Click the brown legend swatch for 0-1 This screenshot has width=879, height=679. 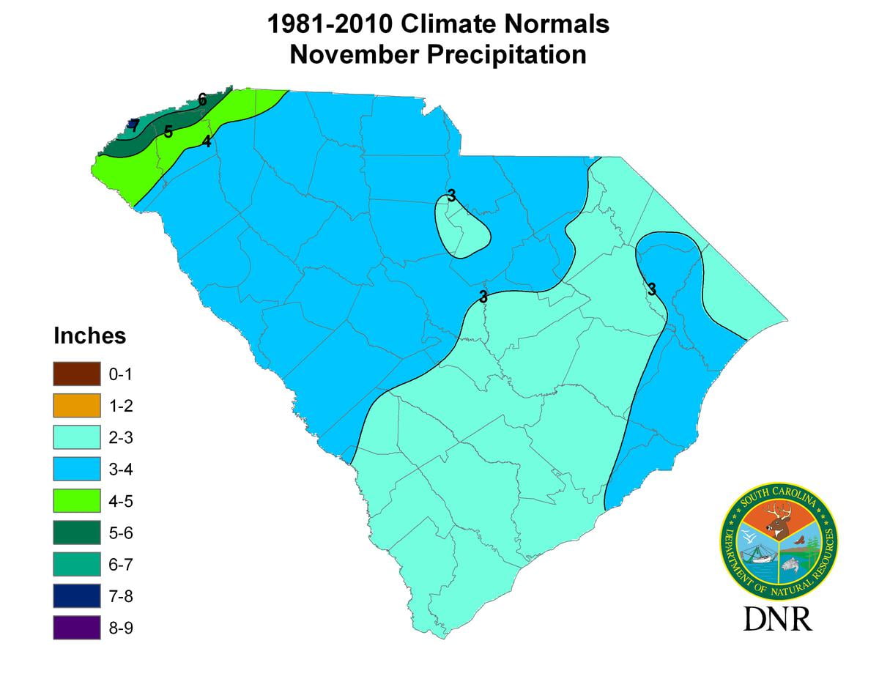[76, 374]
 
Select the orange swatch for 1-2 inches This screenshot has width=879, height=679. [76, 406]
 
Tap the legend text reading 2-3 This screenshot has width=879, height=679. [121, 438]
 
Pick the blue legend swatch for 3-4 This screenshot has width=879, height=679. [76, 470]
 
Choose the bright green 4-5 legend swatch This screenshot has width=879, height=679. [76, 501]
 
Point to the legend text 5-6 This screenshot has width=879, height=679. [121, 533]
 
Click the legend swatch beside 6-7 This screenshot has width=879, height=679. [76, 565]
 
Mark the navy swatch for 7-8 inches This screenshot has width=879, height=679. [76, 596]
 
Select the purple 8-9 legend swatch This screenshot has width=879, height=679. [76, 628]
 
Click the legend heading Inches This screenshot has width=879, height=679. [89, 336]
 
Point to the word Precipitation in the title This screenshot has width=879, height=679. [509, 55]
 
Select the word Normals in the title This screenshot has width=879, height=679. [563, 24]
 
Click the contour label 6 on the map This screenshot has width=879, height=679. [202, 99]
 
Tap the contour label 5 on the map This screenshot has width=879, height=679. [168, 132]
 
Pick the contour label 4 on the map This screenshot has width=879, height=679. [207, 141]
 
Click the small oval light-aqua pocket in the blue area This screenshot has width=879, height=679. [461, 227]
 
